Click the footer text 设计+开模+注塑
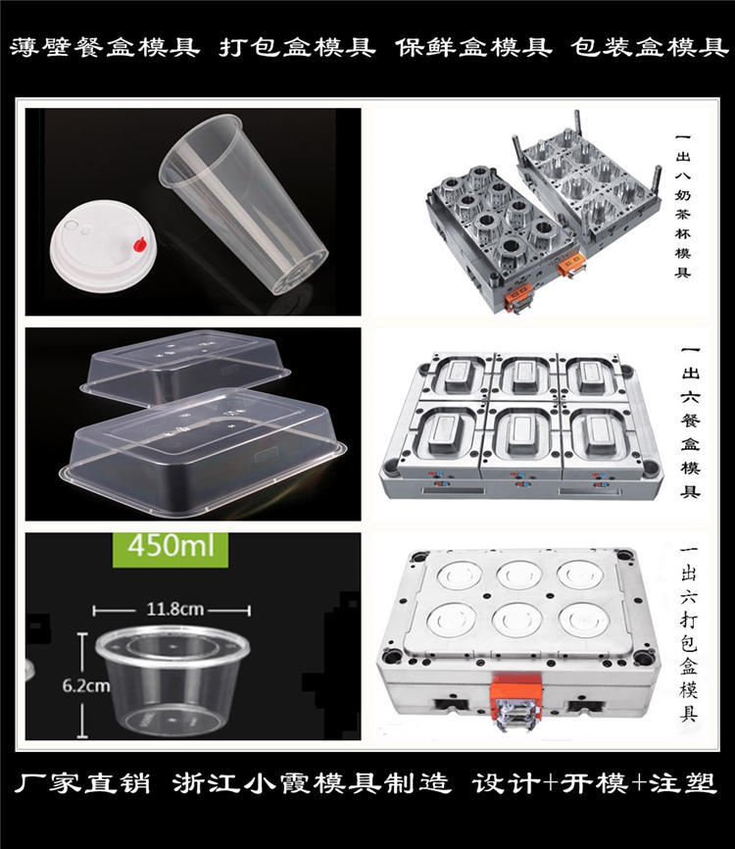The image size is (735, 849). tap(594, 784)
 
